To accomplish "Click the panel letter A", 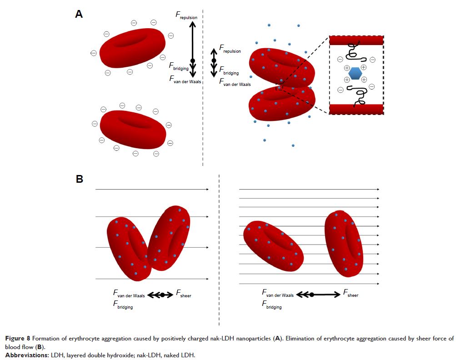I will click(x=79, y=14).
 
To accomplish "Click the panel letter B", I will click(x=79, y=179).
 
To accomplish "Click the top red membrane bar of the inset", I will click(x=356, y=40).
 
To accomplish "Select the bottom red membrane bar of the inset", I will click(x=356, y=109).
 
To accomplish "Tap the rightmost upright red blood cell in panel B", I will click(x=344, y=243).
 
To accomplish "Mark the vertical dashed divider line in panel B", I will click(x=220, y=250).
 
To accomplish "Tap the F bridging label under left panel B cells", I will click(x=123, y=306).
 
